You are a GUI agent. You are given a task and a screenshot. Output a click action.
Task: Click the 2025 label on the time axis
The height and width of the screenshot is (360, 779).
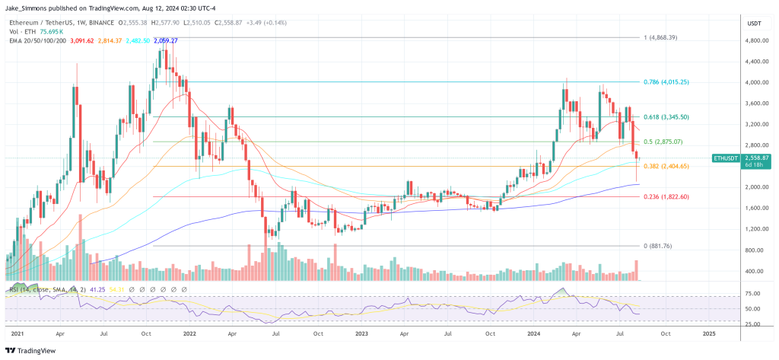[708, 333]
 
